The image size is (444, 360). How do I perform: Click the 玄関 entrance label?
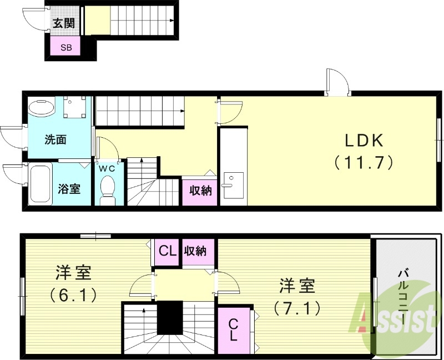coord(64,23)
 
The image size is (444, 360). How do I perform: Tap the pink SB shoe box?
coord(65,47)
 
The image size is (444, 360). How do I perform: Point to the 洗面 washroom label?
coord(56,139)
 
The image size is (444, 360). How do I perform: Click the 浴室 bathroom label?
coord(69,189)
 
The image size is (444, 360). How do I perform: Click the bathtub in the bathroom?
coord(39,184)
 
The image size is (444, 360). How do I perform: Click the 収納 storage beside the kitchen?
coord(200,191)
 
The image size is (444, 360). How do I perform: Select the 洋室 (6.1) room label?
coord(73,283)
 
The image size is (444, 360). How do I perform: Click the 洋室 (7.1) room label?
coord(296,296)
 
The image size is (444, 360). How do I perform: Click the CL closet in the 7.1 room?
coord(234,329)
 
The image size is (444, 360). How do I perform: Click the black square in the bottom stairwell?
coord(169,317)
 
